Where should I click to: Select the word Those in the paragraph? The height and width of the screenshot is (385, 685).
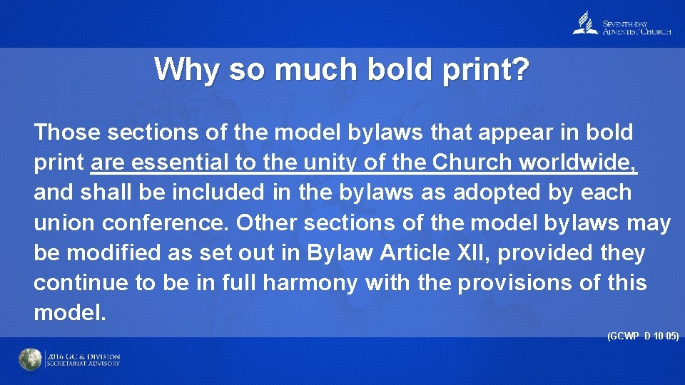67,132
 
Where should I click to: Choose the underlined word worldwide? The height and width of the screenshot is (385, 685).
579,163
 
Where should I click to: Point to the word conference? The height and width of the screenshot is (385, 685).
166,223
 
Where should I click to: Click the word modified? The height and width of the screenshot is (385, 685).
106,253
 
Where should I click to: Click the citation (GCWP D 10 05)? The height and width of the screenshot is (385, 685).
642,334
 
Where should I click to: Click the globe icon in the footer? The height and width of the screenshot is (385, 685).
30,360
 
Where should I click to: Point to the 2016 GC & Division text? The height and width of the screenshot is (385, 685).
83,356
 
